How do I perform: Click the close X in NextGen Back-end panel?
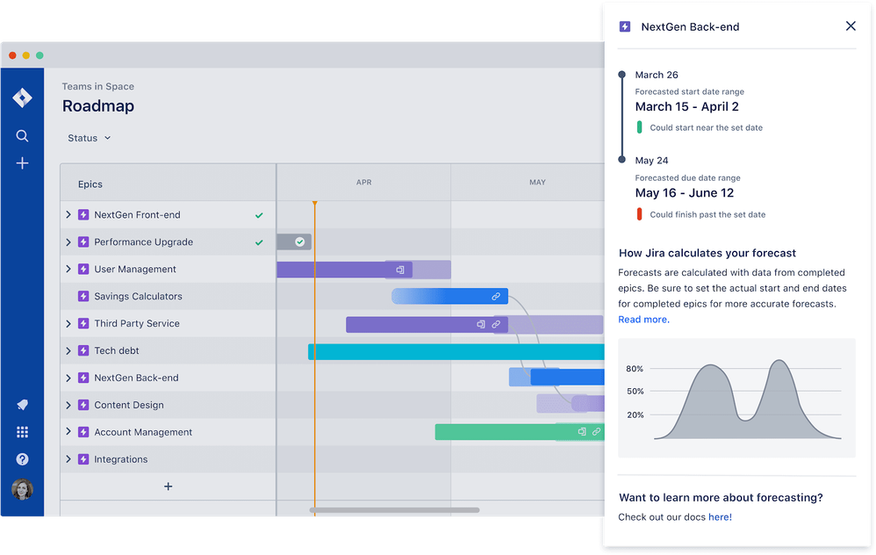850,26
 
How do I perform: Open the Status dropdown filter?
90,138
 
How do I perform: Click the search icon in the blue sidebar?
23,136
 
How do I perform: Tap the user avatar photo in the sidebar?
23,489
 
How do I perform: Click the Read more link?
643,320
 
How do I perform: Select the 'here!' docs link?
720,517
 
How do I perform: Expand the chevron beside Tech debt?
68,351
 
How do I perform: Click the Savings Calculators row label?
138,297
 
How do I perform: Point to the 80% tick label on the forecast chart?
635,369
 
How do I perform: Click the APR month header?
363,183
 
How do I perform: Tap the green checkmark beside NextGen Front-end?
258,215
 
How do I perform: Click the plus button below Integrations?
169,487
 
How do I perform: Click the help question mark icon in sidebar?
23,459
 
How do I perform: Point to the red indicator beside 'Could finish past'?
640,214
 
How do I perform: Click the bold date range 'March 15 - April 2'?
686,107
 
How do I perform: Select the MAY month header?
537,183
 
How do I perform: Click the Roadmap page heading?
97,106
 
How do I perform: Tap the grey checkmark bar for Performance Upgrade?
294,241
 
